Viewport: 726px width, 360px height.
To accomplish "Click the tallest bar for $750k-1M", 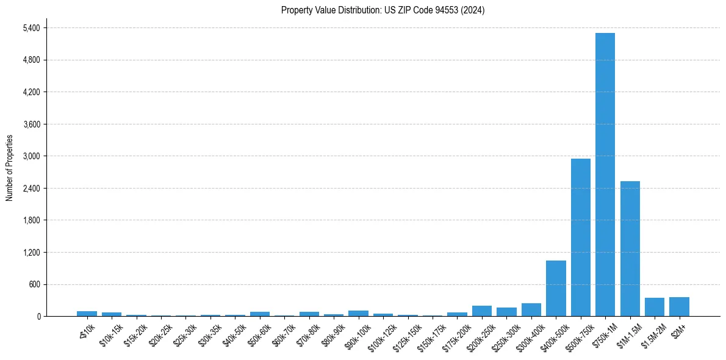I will [x=605, y=175].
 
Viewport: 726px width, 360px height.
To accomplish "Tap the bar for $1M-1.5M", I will [x=630, y=248].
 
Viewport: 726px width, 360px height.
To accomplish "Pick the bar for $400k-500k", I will [x=556, y=288].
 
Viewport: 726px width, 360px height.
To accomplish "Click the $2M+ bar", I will [x=679, y=306].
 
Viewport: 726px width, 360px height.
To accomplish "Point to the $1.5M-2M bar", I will [x=654, y=307].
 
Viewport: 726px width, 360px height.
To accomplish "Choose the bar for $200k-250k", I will [x=481, y=311].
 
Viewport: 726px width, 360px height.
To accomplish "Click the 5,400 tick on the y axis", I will [x=31, y=28].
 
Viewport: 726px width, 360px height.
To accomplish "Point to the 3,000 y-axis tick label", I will [x=31, y=156].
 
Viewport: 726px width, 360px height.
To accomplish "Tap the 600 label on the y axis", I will [x=34, y=284].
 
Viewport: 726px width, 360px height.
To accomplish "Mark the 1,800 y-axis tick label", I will [x=31, y=220].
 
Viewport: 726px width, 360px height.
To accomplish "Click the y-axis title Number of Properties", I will [x=9, y=168].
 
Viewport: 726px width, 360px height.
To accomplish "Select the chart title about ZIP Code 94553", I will [x=383, y=10].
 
